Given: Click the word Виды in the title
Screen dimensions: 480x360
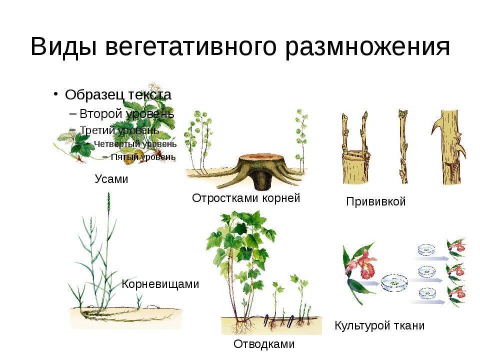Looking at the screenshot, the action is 63,46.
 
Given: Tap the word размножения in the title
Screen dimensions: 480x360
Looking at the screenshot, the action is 367,47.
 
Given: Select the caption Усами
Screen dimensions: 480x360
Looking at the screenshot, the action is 111,179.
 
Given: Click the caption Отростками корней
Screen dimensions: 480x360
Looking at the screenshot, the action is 246,198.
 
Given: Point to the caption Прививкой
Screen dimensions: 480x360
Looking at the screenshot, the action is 376,201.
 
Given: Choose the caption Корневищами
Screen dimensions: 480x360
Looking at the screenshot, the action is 160,284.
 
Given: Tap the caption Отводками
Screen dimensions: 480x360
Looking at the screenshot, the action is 264,344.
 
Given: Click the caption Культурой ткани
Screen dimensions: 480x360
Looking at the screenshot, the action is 379,325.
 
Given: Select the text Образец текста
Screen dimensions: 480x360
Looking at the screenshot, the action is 118,95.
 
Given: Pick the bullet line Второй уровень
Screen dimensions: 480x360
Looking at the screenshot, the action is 126,114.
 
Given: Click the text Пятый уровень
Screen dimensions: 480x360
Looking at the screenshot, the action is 143,157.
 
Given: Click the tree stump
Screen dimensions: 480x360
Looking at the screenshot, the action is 257,170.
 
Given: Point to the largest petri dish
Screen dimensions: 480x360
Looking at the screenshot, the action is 394,283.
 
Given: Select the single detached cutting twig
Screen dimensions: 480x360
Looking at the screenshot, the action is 403,147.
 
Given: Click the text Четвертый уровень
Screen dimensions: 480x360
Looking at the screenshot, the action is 135,144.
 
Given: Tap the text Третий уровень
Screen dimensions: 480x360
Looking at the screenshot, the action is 119,130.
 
